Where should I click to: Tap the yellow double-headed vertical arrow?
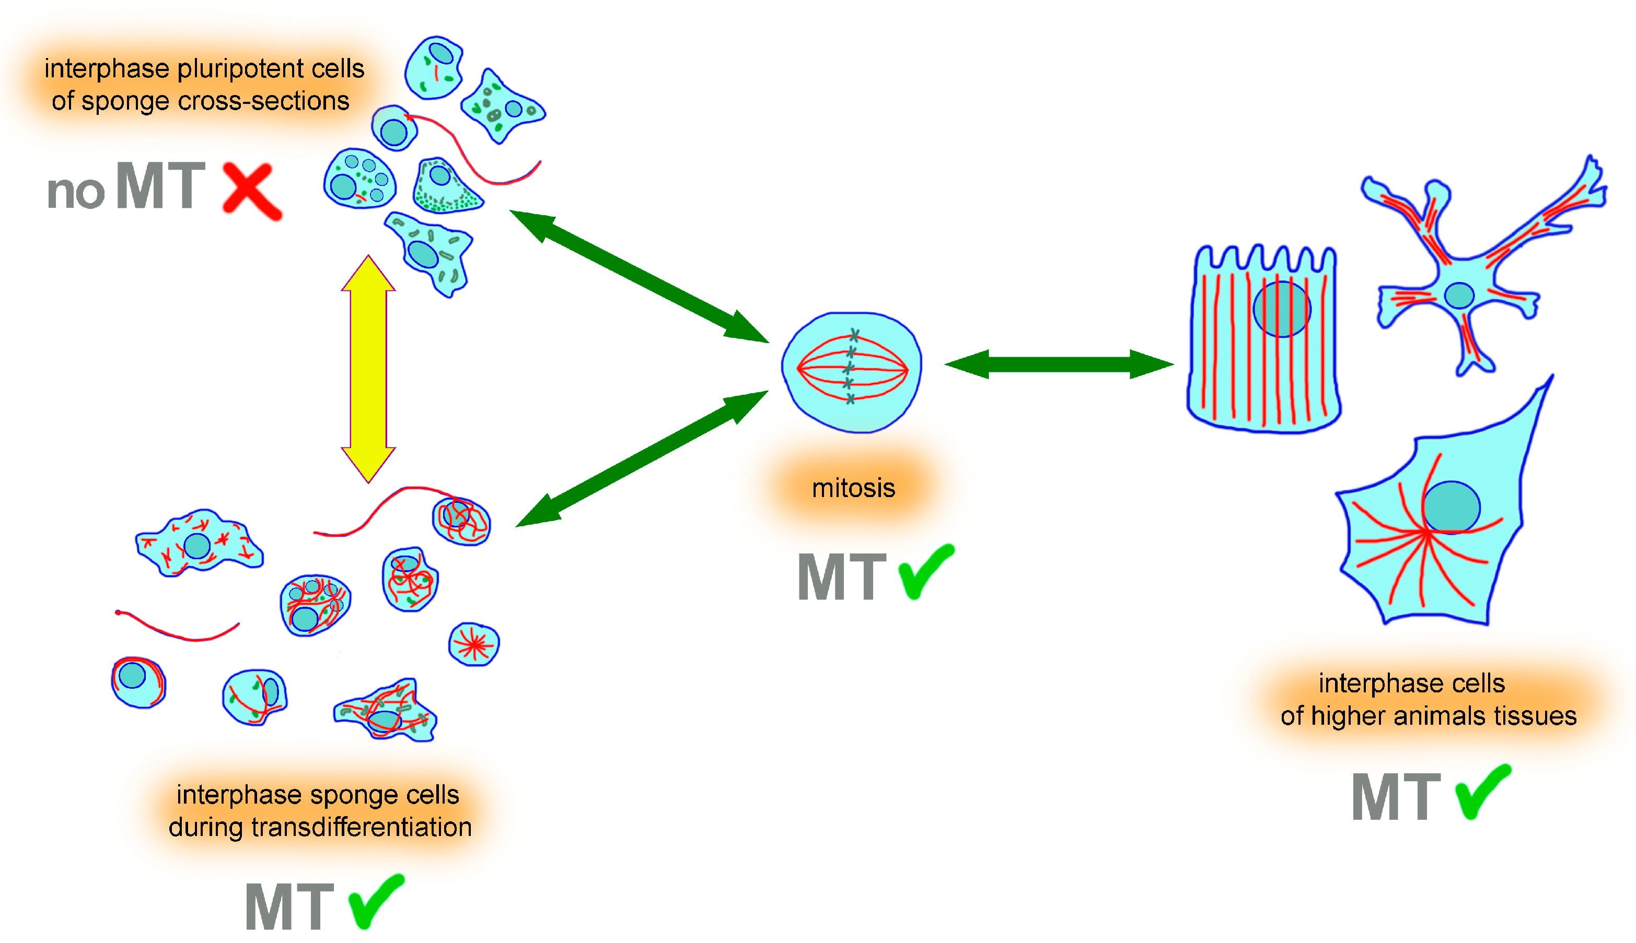coord(368,369)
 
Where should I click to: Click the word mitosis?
coord(853,488)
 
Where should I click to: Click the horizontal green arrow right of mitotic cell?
coord(1059,364)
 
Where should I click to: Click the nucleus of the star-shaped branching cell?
coord(1458,296)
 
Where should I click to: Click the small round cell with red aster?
coord(473,644)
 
